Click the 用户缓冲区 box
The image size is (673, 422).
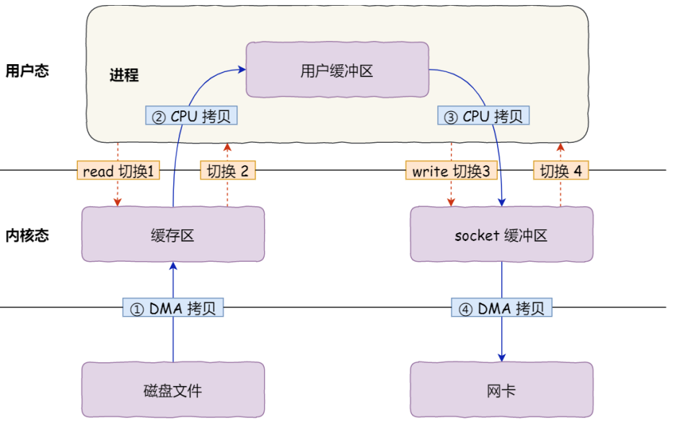(x=337, y=70)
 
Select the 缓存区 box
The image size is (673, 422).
(x=172, y=234)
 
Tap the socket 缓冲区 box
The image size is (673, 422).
(x=501, y=234)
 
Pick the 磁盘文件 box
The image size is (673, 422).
(x=172, y=390)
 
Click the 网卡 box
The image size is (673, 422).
(x=501, y=390)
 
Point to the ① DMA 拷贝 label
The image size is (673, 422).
(x=173, y=308)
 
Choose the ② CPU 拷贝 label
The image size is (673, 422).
(x=191, y=115)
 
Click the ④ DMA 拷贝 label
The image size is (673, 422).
(x=502, y=308)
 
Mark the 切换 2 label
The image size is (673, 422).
(x=227, y=171)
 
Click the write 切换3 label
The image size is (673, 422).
(x=451, y=171)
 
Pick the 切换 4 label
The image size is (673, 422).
(x=560, y=171)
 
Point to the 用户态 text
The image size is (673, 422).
(x=27, y=71)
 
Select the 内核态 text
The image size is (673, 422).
(x=27, y=235)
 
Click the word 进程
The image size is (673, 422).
(x=124, y=75)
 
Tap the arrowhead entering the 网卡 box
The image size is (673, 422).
(x=502, y=358)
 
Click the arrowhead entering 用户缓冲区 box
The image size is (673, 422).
(x=242, y=69)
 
